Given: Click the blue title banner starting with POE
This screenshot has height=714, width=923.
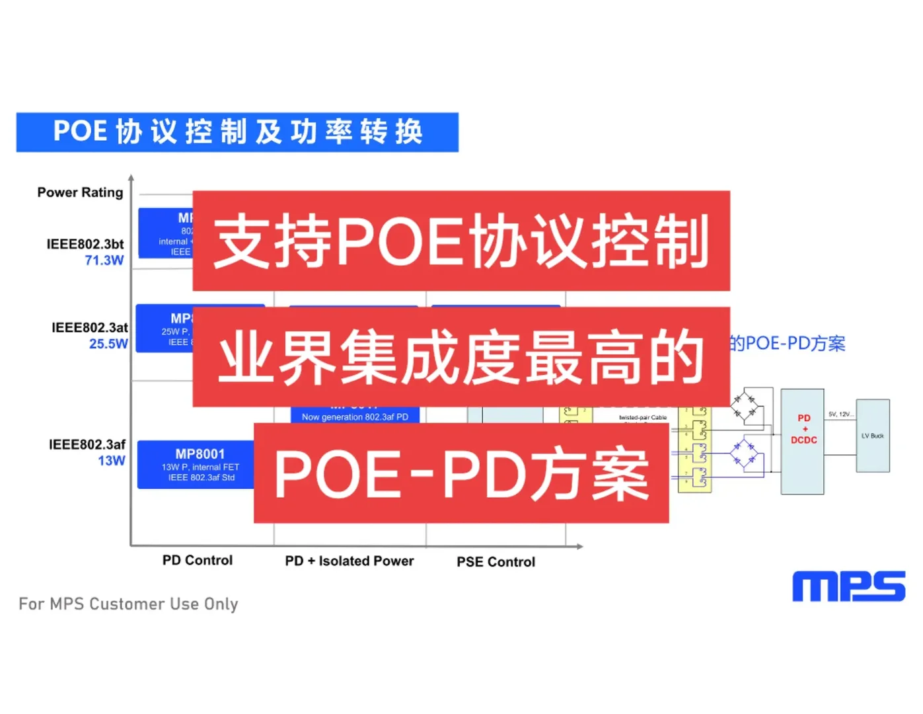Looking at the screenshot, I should coord(237,132).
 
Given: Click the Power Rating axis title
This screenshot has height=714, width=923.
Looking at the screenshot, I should coord(80,192).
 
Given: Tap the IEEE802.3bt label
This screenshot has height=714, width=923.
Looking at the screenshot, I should coord(85,244).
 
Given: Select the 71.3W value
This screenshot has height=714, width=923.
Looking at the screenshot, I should coord(104,260).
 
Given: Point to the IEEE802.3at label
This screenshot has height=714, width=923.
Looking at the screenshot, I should coord(89,327).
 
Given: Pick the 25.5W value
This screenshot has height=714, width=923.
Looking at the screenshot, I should coord(108,344).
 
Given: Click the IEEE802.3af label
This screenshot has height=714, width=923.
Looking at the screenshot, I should coord(87,444).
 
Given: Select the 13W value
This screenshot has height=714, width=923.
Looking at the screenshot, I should coord(112,461).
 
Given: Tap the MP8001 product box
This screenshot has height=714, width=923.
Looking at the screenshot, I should coord(196,465).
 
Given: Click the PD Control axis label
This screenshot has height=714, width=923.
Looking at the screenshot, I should coord(198,561).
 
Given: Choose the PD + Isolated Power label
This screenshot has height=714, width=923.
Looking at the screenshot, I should coord(350,561).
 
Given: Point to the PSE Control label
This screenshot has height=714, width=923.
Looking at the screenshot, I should coord(496,562).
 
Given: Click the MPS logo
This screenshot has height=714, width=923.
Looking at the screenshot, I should coord(848,586).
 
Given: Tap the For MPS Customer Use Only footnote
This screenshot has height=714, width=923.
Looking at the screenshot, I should coord(128,604).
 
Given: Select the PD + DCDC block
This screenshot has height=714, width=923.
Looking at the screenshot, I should coord(803,441).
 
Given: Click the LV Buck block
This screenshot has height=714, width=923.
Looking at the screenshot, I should coord(873,436).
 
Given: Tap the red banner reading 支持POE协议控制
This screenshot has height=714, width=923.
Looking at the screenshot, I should coord(461,241).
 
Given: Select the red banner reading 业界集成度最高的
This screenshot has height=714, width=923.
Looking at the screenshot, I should coord(461,357).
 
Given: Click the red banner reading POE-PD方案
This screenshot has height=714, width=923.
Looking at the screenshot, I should coord(461,473).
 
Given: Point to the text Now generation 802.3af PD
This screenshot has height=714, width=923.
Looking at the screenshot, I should coord(355,416).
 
